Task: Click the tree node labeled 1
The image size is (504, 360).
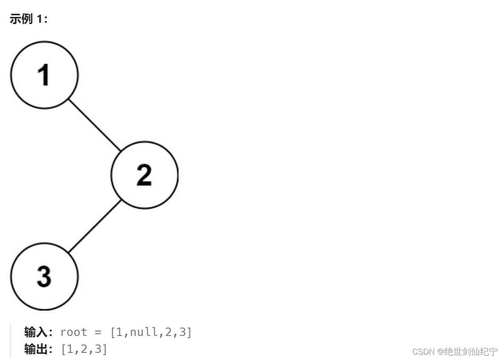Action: (44, 75)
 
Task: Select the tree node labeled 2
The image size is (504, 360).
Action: (144, 175)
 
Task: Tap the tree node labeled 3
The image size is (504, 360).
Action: (44, 276)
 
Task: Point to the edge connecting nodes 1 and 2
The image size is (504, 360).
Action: (94, 125)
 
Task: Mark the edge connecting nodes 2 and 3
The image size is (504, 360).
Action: (94, 226)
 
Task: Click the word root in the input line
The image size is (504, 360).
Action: (73, 332)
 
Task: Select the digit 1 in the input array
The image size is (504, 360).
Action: (119, 332)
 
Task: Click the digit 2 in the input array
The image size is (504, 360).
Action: (167, 332)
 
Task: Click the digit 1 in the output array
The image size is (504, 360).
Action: (70, 349)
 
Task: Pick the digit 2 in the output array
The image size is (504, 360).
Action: (85, 349)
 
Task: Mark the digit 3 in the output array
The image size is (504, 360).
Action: (98, 349)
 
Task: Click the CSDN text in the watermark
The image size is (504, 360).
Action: (423, 352)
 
